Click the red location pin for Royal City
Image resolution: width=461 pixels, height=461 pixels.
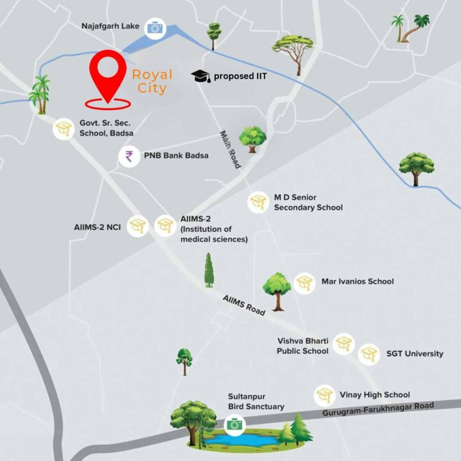pos(108,74)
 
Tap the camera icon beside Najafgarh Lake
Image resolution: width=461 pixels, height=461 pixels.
pos(155,28)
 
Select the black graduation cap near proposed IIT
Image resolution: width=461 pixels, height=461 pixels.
pos(200,76)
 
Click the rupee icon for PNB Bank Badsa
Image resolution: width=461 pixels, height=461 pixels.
pos(129,157)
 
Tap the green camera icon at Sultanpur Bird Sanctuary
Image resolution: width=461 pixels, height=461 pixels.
pos(234,424)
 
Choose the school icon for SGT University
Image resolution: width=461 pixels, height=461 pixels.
pos(369,354)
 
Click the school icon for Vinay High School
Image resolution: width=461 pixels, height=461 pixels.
pos(324,395)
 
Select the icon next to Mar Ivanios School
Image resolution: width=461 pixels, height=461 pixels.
pos(304,283)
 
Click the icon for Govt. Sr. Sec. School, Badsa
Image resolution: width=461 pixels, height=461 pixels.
pos(63,129)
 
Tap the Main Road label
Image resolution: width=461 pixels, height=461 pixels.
pos(230,149)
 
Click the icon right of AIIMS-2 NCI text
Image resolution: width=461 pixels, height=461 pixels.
pos(137,226)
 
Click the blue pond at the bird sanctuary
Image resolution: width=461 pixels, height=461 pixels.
pos(239,439)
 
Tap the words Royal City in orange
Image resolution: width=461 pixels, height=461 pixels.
pos(152,81)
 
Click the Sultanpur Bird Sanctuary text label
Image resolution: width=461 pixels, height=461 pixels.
pos(256,401)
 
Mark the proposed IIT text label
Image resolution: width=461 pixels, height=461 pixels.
pos(240,76)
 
